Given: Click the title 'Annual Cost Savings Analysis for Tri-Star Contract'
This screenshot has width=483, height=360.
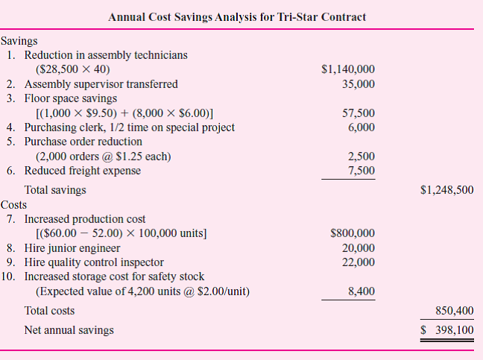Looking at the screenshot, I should pos(237,16).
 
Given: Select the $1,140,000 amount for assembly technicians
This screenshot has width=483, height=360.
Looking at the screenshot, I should pos(348,70).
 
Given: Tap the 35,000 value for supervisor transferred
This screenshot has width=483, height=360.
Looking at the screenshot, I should pos(359,84).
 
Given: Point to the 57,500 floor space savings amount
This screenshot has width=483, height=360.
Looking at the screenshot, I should pos(359,113).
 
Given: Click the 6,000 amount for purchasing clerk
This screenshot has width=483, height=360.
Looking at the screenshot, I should pos(362,127).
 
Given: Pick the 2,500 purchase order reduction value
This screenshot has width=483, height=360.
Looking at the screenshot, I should pos(362,157).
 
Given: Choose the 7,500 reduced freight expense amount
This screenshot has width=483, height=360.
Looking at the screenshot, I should pos(362,171).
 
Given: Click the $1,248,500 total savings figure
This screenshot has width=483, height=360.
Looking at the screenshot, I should pos(446,190).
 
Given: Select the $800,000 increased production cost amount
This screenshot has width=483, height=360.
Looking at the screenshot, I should pos(353,233).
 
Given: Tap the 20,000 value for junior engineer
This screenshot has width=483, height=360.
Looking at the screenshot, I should pos(359,247).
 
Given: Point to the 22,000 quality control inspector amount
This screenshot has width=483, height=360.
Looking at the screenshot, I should pos(359,262).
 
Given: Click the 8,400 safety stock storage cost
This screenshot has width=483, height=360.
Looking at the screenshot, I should pos(362,291).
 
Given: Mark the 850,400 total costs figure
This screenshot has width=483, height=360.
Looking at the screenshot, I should pos(454,311).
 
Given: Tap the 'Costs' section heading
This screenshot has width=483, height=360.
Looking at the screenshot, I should pos(14,204).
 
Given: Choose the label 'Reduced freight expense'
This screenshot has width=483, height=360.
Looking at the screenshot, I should pos(83,171).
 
